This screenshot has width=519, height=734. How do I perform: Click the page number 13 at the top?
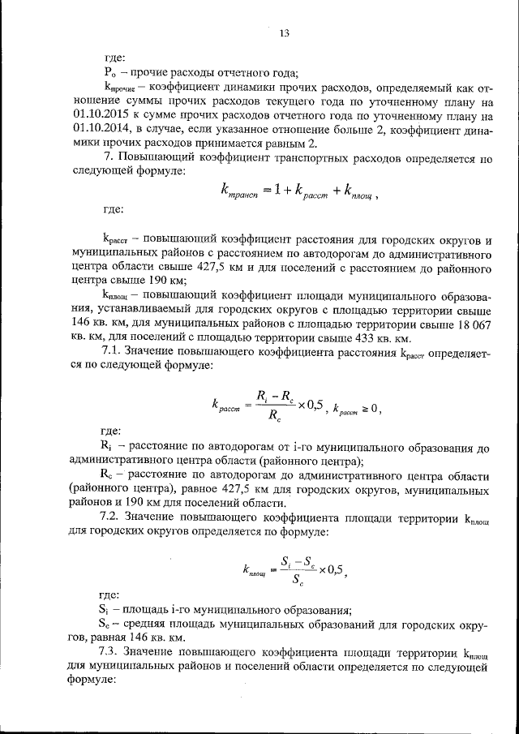[x=283, y=33]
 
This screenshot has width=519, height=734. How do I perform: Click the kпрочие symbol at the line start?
[x=119, y=88]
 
